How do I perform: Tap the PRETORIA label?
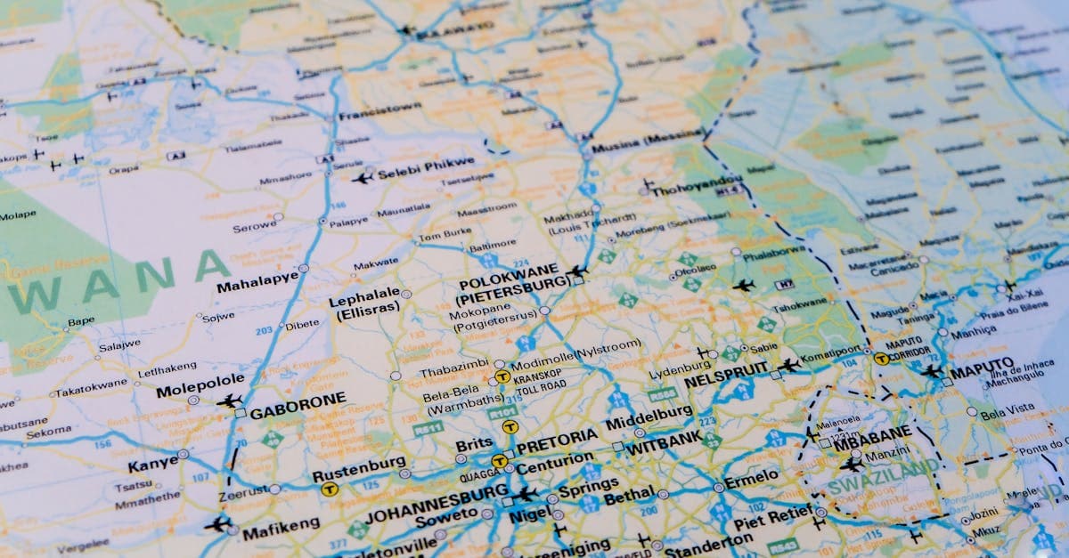coord(557,440)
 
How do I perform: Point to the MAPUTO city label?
coord(981,366)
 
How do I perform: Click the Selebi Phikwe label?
coord(426,167)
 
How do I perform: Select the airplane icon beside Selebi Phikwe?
coord(362,177)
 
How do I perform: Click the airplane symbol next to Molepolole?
coord(229,401)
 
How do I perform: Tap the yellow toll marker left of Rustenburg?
coord(329,488)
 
